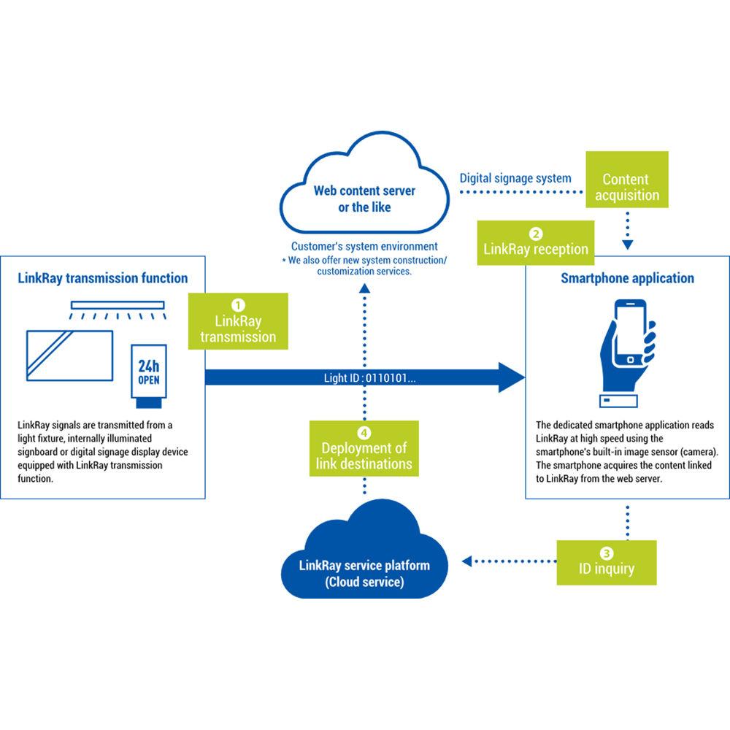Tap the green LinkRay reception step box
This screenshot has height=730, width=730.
[536, 243]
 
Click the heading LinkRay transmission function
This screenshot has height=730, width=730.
[101, 278]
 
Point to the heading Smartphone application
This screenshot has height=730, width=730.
[627, 278]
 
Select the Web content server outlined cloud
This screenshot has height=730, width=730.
[364, 190]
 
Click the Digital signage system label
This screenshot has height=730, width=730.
[515, 178]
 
